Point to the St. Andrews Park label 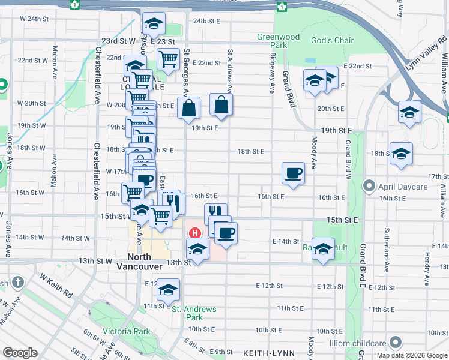point(194,313)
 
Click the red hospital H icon point(194,233)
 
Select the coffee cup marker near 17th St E point(293,173)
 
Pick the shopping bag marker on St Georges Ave point(188,108)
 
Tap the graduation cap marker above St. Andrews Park point(169,290)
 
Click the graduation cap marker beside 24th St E point(154,25)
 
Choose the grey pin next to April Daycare point(370,187)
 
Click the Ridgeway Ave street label point(273,75)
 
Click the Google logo point(20,352)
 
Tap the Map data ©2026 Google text point(411,355)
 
